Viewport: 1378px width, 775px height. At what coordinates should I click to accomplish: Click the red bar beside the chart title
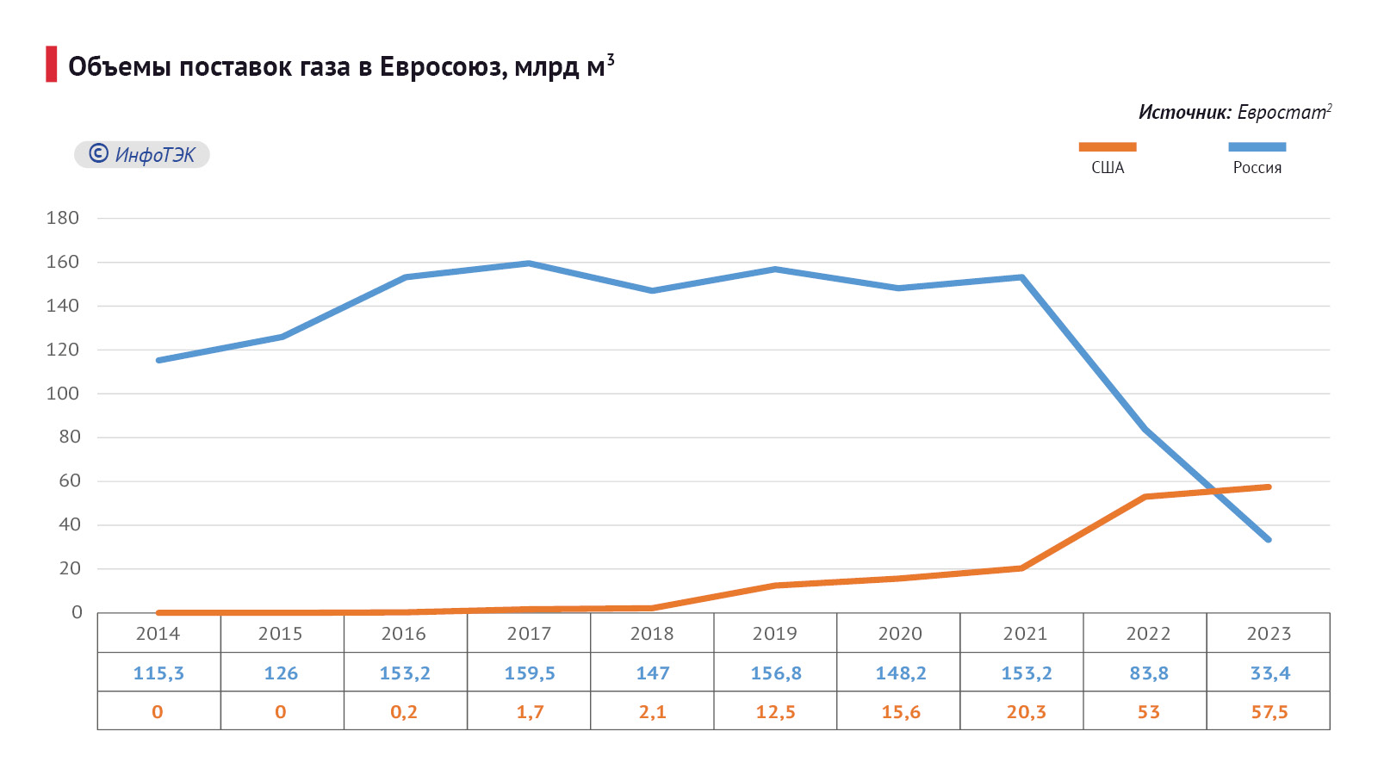click(x=52, y=65)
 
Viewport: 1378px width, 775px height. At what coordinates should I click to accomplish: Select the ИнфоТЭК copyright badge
click(x=142, y=155)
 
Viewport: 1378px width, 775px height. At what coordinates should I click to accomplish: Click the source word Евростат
click(x=1282, y=113)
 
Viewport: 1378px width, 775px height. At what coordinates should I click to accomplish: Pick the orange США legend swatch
click(x=1108, y=147)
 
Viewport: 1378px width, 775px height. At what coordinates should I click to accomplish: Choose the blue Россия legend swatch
click(x=1257, y=147)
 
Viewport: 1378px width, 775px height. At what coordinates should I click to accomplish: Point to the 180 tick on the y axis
click(x=63, y=218)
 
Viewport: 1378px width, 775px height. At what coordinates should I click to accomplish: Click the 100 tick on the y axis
click(x=63, y=394)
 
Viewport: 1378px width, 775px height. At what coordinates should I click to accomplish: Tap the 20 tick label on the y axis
click(x=70, y=568)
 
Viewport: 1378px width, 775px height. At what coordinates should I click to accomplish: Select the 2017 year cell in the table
click(x=529, y=634)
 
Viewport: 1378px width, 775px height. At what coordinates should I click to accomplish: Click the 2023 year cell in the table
click(x=1269, y=634)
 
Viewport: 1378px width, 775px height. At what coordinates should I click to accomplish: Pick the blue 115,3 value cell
click(x=158, y=673)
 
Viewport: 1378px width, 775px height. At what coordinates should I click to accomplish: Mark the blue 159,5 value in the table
click(x=529, y=673)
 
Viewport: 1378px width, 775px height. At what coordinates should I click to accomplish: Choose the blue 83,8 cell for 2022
click(x=1149, y=673)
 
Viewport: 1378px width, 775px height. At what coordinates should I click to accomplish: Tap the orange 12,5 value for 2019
click(x=775, y=712)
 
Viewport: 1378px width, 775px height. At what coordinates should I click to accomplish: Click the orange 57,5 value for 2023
click(x=1269, y=712)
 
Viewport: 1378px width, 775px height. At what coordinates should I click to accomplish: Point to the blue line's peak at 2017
click(x=529, y=263)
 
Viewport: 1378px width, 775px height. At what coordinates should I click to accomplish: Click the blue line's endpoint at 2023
click(x=1268, y=539)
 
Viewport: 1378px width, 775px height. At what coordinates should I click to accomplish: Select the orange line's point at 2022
click(x=1145, y=497)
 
